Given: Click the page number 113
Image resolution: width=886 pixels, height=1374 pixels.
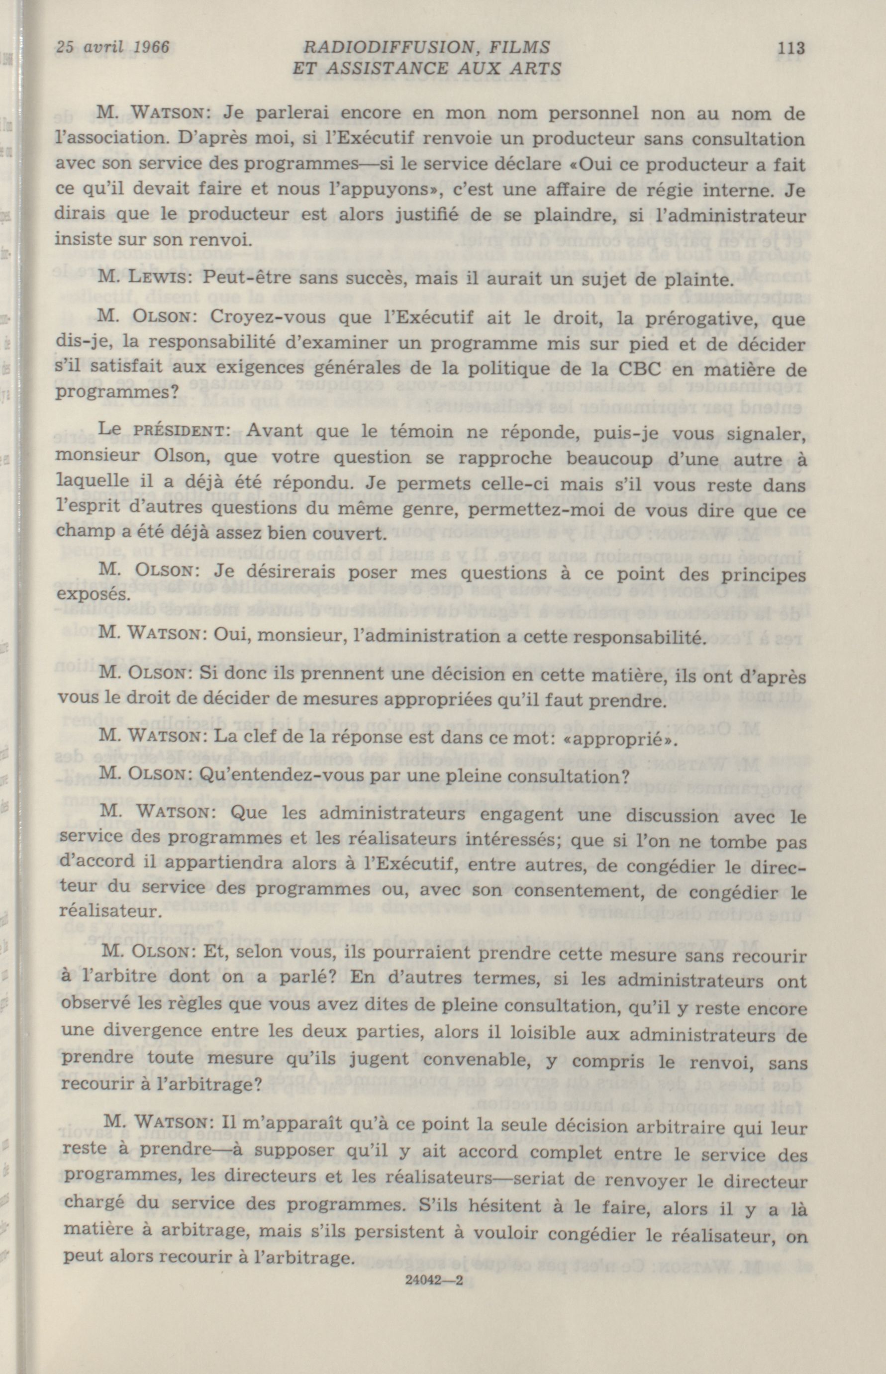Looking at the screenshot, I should [789, 48].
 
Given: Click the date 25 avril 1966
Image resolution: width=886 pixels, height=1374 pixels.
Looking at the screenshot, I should [108, 47].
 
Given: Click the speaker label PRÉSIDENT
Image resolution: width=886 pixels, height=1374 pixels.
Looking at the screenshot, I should [185, 431].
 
